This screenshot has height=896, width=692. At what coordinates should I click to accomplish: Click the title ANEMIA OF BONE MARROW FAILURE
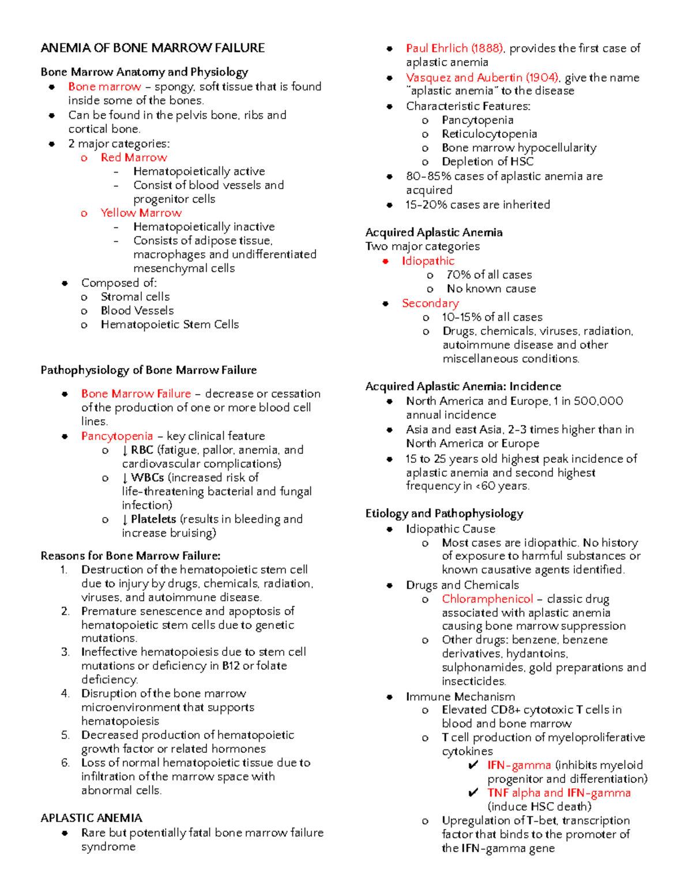(x=152, y=48)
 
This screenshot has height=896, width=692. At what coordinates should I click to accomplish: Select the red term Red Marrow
(x=134, y=158)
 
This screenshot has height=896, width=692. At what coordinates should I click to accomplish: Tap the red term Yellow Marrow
(x=141, y=213)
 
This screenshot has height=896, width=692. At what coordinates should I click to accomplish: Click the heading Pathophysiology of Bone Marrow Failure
(x=148, y=370)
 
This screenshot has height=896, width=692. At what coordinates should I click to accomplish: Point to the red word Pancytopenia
(x=117, y=436)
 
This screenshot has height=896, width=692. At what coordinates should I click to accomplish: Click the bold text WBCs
(x=147, y=478)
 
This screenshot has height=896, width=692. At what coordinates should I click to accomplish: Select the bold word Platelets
(x=153, y=519)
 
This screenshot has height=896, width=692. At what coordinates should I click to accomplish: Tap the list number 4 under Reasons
(x=65, y=693)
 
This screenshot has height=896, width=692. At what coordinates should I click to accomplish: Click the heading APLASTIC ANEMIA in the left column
(x=91, y=818)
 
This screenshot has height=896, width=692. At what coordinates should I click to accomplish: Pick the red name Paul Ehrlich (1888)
(x=454, y=48)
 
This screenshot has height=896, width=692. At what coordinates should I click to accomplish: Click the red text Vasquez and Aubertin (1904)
(x=482, y=77)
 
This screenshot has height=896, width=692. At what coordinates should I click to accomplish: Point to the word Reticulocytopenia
(x=489, y=134)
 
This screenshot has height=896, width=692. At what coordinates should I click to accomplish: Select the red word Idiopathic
(x=428, y=261)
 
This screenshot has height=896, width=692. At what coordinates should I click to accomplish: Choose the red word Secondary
(x=430, y=303)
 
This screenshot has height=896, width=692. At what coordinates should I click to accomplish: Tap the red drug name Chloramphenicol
(x=487, y=599)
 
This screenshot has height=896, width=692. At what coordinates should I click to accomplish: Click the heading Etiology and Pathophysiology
(x=444, y=513)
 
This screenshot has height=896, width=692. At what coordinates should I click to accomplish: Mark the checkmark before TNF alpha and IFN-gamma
(x=473, y=793)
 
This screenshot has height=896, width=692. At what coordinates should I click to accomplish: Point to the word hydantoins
(x=536, y=654)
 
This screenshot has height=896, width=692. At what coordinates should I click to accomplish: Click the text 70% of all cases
(x=489, y=275)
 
